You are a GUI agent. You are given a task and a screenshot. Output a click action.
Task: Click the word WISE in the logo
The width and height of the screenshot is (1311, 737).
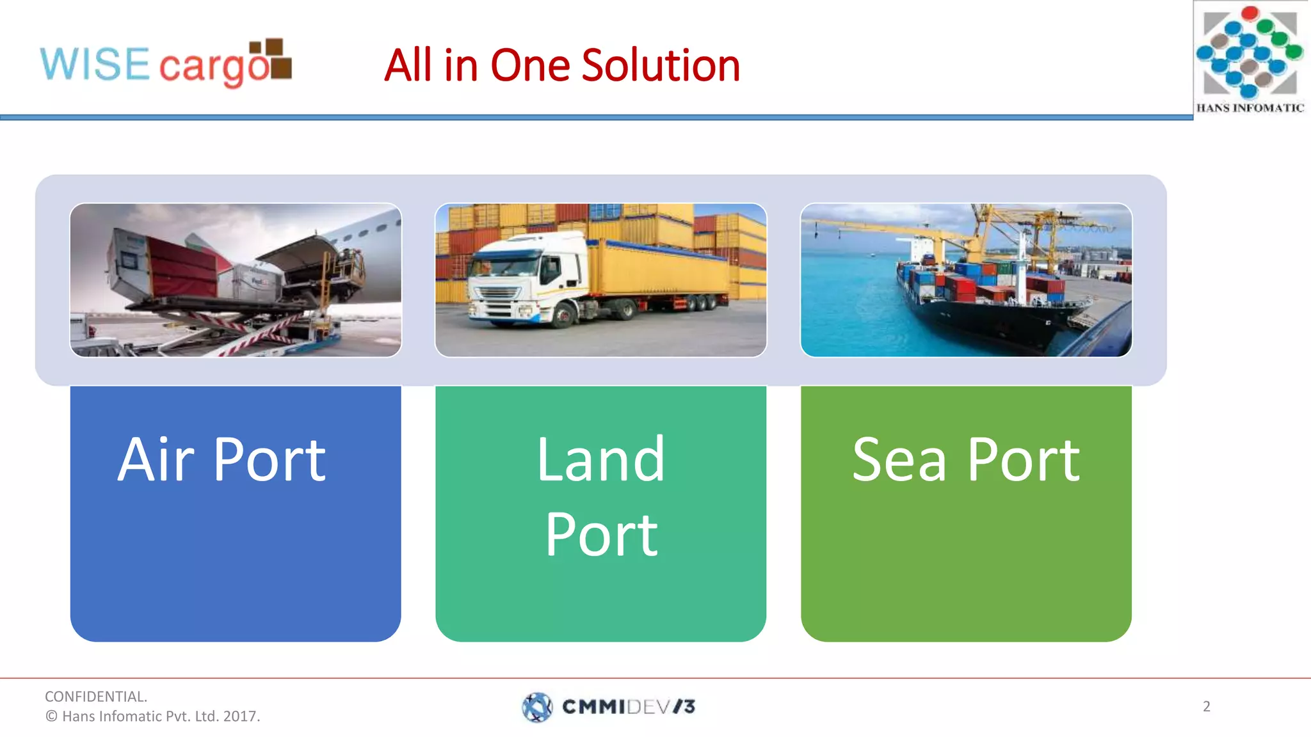95,64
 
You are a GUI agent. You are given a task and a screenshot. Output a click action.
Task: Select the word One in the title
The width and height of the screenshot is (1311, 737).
530,65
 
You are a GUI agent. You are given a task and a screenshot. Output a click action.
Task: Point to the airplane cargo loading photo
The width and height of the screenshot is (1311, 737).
236,280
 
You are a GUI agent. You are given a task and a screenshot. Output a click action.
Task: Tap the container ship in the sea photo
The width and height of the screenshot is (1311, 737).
986,301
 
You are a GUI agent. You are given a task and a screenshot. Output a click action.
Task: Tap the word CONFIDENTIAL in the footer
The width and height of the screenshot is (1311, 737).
95,696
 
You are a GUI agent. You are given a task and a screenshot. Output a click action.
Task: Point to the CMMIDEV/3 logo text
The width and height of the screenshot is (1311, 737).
628,707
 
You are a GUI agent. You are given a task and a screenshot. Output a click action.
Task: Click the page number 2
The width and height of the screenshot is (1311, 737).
1206,706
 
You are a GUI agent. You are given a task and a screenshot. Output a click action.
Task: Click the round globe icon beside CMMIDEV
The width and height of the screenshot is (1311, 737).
537,707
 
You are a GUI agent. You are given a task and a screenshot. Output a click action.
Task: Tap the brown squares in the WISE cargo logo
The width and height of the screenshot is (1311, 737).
272,58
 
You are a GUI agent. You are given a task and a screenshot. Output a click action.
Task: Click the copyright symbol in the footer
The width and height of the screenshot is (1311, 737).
51,717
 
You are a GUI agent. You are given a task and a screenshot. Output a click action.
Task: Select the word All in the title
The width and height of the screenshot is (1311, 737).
407,65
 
